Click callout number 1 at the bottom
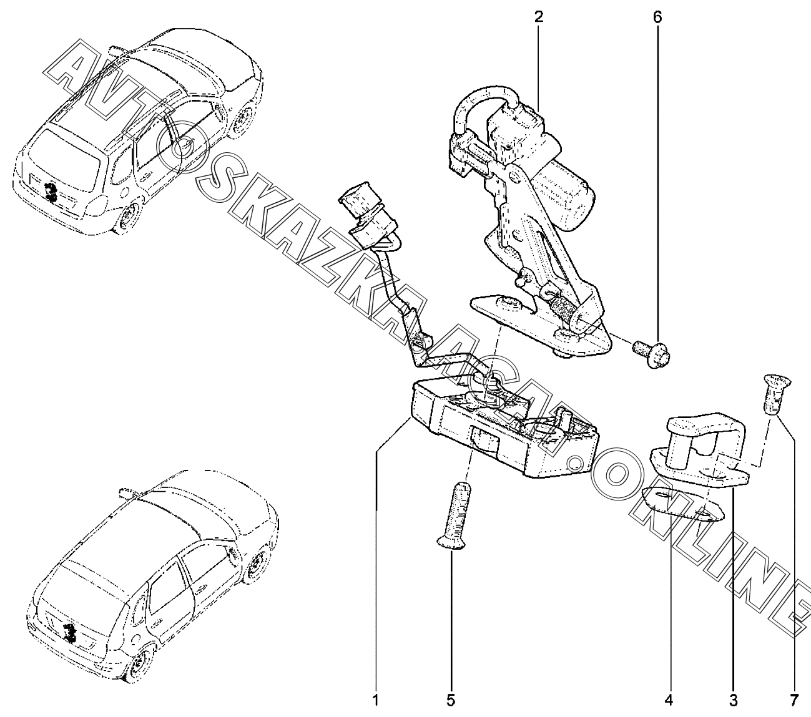[375, 700]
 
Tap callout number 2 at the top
[538, 16]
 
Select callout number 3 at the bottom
[733, 700]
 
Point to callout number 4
[669, 700]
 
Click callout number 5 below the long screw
[450, 700]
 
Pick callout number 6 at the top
[657, 16]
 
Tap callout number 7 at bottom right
[794, 700]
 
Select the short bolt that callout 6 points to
[652, 352]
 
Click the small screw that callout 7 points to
[775, 393]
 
